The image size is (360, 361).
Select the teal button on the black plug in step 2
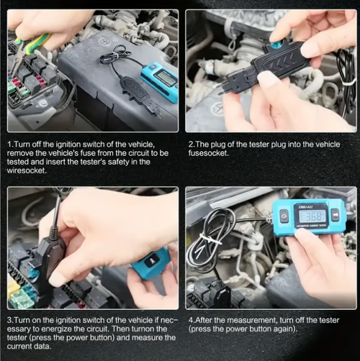[x=276, y=45]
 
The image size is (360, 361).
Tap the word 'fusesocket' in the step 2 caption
[x=210, y=152]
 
